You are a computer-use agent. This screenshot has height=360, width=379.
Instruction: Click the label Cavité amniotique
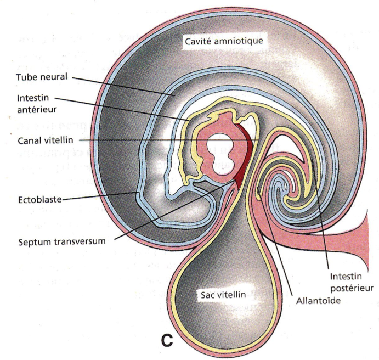(x=224, y=41)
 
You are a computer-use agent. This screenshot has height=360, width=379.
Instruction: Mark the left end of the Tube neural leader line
(x=73, y=78)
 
